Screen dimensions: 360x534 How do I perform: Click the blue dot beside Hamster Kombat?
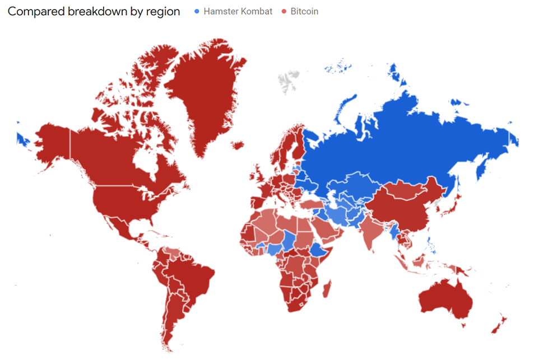click(x=197, y=12)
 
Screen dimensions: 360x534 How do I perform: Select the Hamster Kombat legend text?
click(x=238, y=12)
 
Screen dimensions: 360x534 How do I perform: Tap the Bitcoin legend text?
click(x=304, y=12)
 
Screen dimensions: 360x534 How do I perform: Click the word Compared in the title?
click(x=33, y=12)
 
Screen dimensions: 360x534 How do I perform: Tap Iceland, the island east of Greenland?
click(x=237, y=146)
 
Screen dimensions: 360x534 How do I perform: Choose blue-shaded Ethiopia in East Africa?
click(x=321, y=249)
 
